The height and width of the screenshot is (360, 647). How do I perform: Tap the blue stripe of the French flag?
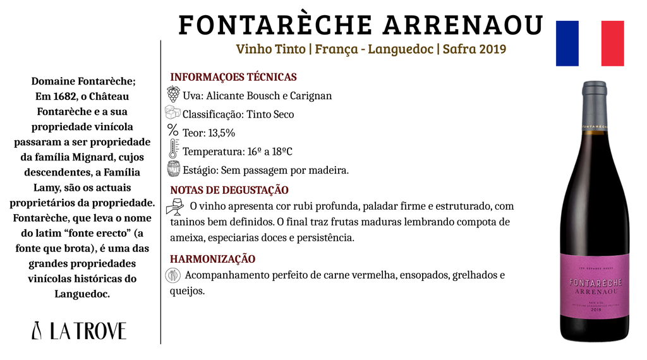[x=567, y=44]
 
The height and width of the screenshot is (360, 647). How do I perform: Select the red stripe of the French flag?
[x=612, y=44]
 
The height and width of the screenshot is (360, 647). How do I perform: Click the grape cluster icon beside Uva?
[x=173, y=95]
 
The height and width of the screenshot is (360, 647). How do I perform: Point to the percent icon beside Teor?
[x=173, y=131]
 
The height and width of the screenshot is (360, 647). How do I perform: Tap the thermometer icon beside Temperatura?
[x=173, y=150]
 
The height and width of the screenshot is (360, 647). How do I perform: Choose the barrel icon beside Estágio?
[x=173, y=169]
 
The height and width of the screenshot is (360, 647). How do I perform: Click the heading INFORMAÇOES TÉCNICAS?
[x=233, y=77]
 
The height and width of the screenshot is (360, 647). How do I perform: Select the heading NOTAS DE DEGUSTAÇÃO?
[x=229, y=190]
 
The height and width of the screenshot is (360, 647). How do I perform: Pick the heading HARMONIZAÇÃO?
[x=212, y=259]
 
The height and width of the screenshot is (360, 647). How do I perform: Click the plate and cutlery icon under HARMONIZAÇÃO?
[x=173, y=275]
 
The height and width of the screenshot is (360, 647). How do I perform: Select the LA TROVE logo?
[x=79, y=330]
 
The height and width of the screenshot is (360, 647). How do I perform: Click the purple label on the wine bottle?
[x=594, y=284]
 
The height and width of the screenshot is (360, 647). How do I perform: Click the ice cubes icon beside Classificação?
[x=173, y=113]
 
